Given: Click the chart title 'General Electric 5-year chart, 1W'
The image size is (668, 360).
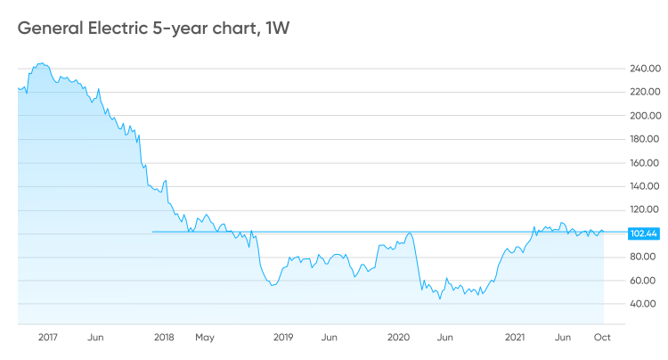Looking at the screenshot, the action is coord(153,29).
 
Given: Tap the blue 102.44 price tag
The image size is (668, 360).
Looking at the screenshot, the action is coord(644,233).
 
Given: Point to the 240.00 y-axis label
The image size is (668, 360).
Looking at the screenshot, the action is coord(645,69).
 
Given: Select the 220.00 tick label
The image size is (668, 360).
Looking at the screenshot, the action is coord(645,92).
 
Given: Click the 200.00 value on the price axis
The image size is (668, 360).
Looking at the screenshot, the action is coord(645,116).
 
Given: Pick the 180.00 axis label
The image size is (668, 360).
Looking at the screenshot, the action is coord(644,139).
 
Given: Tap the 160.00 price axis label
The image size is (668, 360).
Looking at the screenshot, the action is coord(644,163).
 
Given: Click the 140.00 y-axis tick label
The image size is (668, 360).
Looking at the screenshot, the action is coord(644,186).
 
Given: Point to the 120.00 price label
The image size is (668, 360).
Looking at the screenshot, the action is coord(644,209).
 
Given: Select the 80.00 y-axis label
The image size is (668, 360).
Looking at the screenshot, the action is coord(642,257).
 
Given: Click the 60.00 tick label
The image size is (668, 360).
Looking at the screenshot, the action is coord(642,281).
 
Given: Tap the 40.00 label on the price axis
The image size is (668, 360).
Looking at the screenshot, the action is coord(642,304).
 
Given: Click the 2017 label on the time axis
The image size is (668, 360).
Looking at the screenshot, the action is coord(48,338).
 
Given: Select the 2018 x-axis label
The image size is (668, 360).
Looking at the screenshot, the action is coord(164,338).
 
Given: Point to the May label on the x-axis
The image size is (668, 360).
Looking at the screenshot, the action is coord(205,338).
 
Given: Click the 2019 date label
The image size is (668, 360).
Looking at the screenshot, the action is coord(283,338).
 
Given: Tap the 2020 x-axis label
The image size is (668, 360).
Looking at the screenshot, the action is coord(398,338).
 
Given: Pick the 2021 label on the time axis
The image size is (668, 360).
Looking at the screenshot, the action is coord(515,338).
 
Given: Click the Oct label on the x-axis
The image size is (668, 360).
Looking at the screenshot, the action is coord(602,338).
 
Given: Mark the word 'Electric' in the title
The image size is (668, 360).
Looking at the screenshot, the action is coord(118,29).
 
